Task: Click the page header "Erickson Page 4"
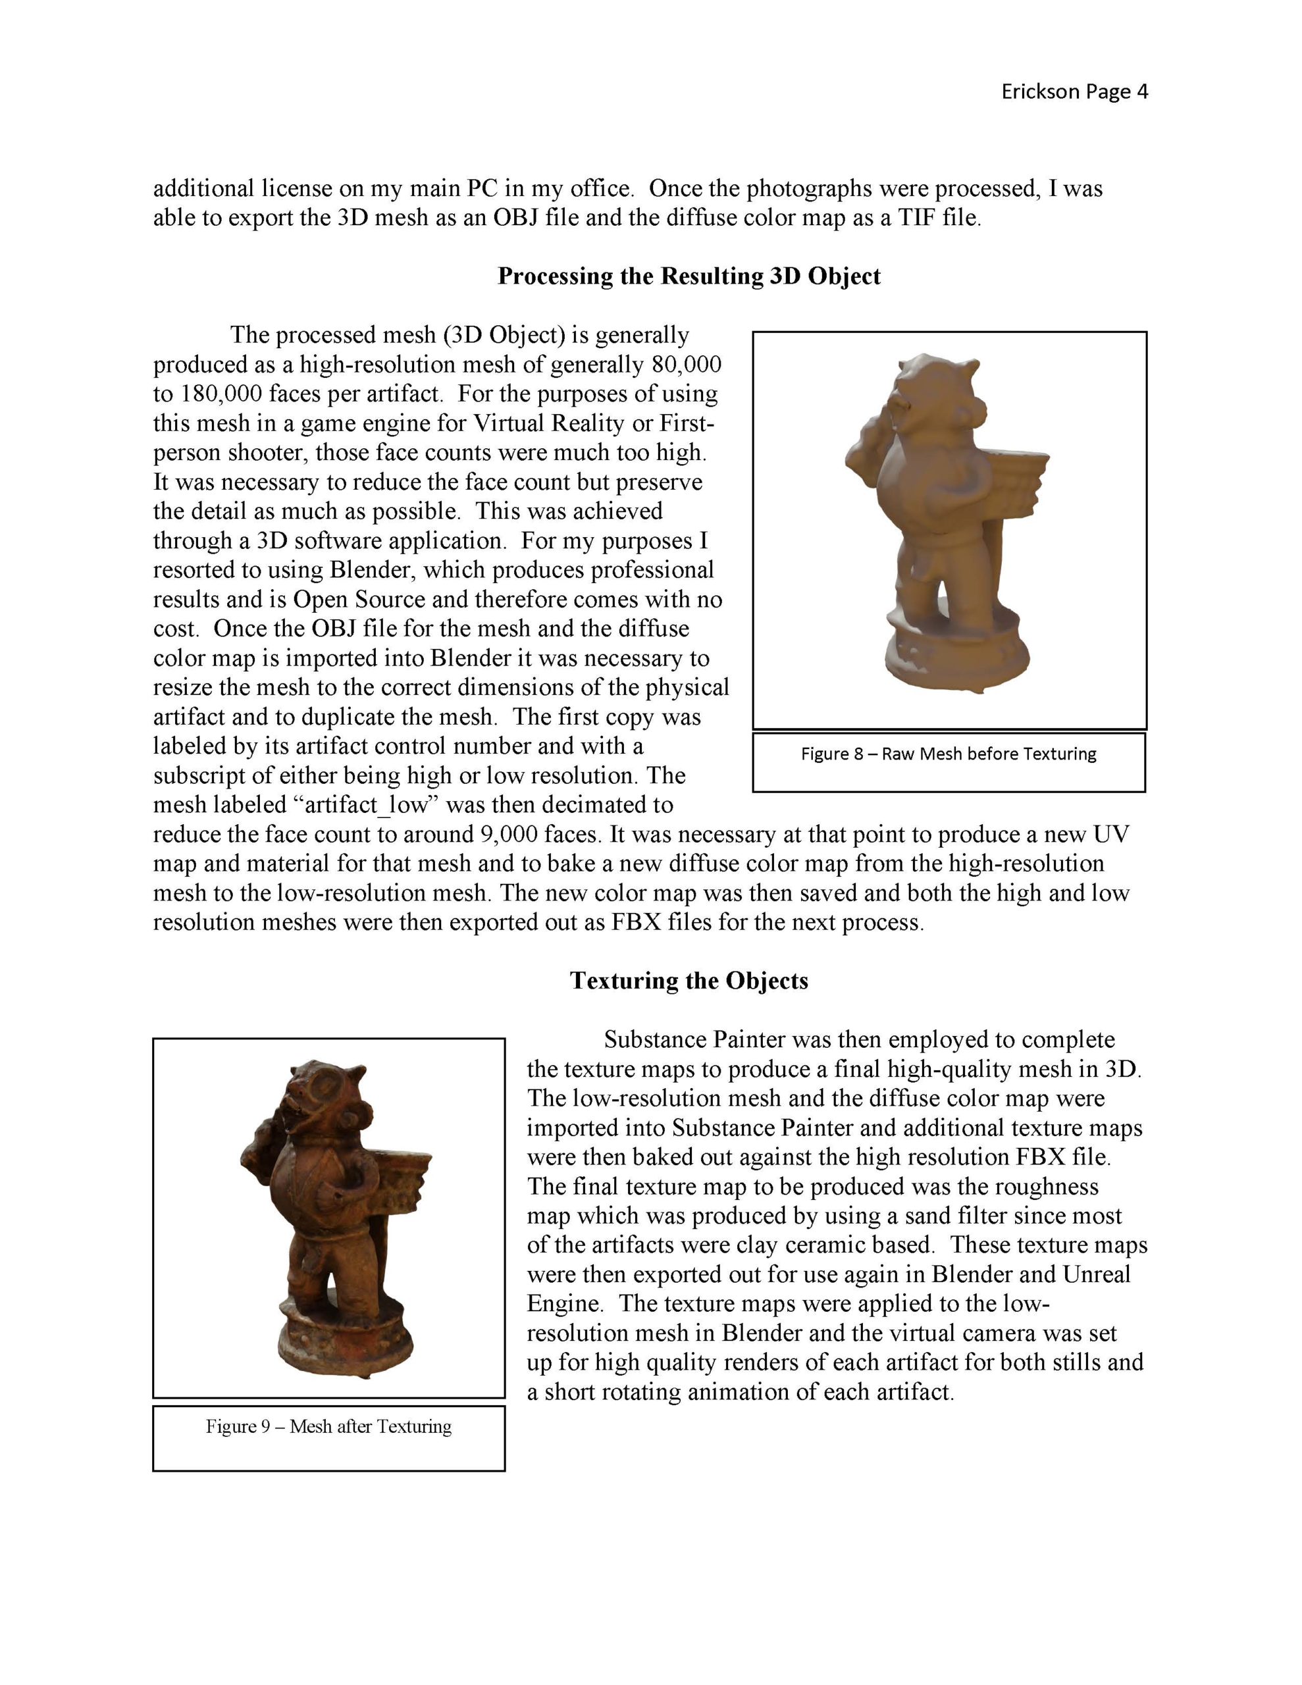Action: click(1074, 91)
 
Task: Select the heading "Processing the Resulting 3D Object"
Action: click(689, 276)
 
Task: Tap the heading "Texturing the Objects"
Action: click(689, 981)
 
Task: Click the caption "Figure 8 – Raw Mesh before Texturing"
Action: click(948, 754)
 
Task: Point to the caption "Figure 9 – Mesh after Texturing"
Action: click(328, 1426)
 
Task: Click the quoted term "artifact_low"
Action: click(366, 806)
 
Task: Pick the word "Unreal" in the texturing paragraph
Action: click(1096, 1274)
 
